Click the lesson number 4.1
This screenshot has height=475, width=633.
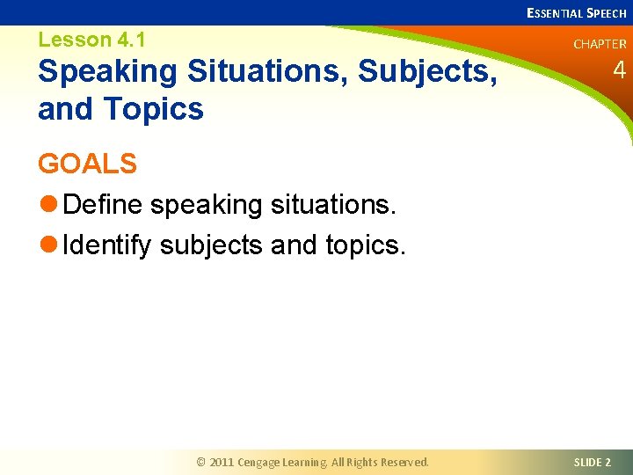(x=129, y=40)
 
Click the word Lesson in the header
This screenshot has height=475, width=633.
(x=76, y=40)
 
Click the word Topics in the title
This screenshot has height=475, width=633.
(x=154, y=110)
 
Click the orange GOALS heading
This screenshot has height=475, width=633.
(x=87, y=164)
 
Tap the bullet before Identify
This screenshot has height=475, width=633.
(x=47, y=245)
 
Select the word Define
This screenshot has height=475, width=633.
(x=104, y=205)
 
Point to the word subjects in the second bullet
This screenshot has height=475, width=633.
(x=212, y=245)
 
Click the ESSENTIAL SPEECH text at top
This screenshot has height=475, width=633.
(x=576, y=12)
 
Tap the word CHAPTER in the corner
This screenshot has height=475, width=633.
(x=600, y=44)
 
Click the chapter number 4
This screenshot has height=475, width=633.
(x=619, y=70)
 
